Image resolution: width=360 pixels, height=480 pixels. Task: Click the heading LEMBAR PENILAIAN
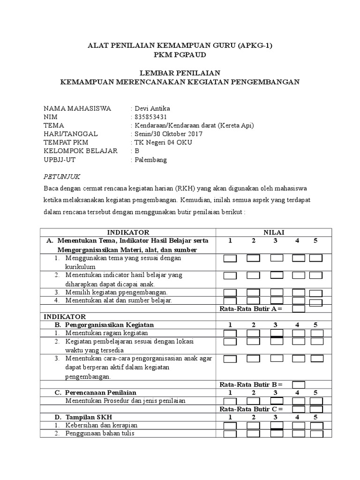[x=180, y=72]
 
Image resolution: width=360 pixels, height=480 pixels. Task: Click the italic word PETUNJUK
[x=62, y=176]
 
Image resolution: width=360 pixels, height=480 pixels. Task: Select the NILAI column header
[x=274, y=232]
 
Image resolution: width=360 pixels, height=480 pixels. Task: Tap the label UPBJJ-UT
[x=60, y=159]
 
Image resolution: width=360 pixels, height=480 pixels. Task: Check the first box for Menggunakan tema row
[x=230, y=258]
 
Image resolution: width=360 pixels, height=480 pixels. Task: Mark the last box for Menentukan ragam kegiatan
[x=317, y=333]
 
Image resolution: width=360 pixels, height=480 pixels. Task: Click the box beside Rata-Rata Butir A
[x=299, y=308]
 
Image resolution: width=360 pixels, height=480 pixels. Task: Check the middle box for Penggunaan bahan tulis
[x=277, y=434]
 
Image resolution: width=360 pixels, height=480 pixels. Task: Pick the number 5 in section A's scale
[x=315, y=240]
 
